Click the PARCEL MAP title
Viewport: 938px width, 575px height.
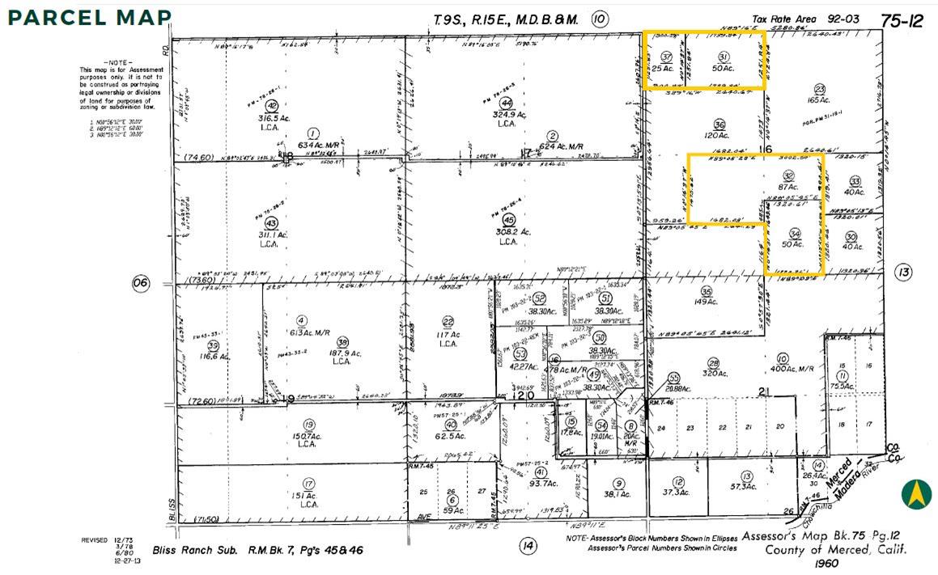point(91,17)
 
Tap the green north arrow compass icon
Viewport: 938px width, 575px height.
point(916,494)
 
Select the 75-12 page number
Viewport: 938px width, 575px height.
point(902,21)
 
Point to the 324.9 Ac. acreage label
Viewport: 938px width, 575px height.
point(507,115)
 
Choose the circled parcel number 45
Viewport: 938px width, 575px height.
point(508,219)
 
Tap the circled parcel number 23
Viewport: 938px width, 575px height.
point(819,89)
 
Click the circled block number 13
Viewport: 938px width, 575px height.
point(903,273)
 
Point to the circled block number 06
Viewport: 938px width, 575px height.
point(141,283)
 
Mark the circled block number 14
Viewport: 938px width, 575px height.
point(528,547)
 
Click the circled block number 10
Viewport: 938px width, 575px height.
point(599,19)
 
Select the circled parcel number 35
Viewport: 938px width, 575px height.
point(706,292)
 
